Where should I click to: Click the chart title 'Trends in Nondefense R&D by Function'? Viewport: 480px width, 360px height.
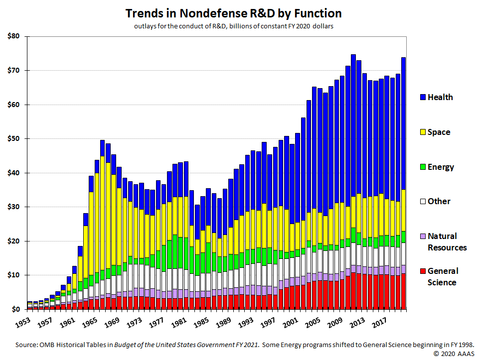pyautogui.click(x=233, y=12)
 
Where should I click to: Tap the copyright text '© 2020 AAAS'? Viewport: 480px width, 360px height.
pyautogui.click(x=454, y=354)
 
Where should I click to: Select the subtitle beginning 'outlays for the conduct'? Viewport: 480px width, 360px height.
pyautogui.click(x=233, y=26)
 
